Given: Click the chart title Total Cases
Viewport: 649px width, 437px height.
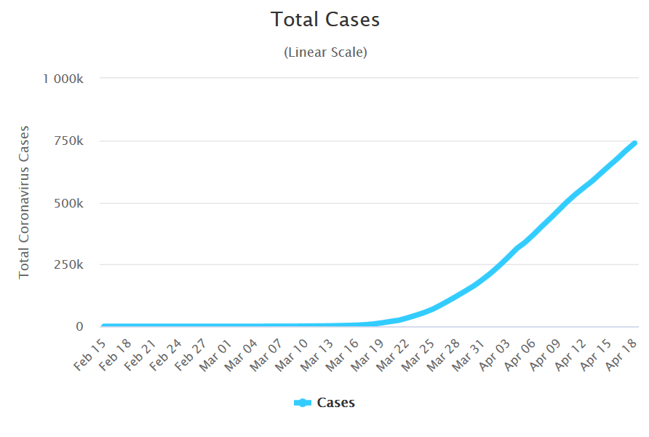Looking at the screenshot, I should (x=325, y=20).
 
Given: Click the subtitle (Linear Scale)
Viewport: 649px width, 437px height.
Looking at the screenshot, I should (x=325, y=52).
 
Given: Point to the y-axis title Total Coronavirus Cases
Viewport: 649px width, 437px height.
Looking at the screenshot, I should (x=25, y=202).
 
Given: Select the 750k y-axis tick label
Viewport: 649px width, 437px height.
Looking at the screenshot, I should (x=71, y=141).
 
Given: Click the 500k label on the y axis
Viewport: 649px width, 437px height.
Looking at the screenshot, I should (x=71, y=203).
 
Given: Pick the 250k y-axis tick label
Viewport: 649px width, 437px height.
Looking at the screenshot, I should (x=71, y=265).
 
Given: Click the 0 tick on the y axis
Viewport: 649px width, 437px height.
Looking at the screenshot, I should (x=80, y=327).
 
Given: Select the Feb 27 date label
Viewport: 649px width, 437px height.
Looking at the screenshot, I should (x=192, y=352).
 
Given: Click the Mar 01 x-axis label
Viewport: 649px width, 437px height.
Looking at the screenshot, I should (x=217, y=352).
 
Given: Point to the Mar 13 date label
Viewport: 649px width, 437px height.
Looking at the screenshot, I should (x=317, y=352).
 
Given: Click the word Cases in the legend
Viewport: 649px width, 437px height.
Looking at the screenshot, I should (x=336, y=403).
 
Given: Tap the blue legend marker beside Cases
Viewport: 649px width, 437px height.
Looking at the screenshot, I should (x=303, y=403).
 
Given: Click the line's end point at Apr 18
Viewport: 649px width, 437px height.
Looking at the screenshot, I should (x=634, y=143).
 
